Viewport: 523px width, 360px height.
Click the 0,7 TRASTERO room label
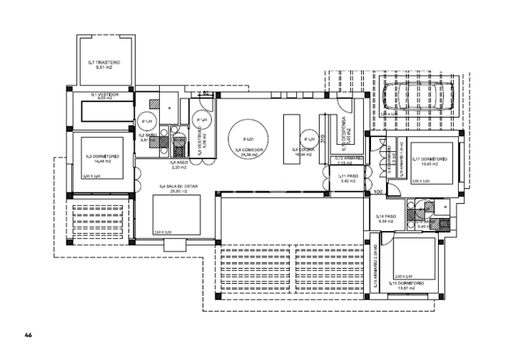click(x=103, y=63)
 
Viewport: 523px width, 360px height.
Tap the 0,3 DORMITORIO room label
click(x=102, y=156)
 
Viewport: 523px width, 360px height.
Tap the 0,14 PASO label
click(x=387, y=216)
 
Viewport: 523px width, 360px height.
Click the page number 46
click(x=29, y=335)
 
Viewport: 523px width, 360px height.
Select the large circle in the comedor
click(x=246, y=137)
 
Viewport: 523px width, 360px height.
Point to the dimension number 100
click(x=377, y=192)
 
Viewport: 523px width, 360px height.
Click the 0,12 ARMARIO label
click(x=348, y=159)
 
